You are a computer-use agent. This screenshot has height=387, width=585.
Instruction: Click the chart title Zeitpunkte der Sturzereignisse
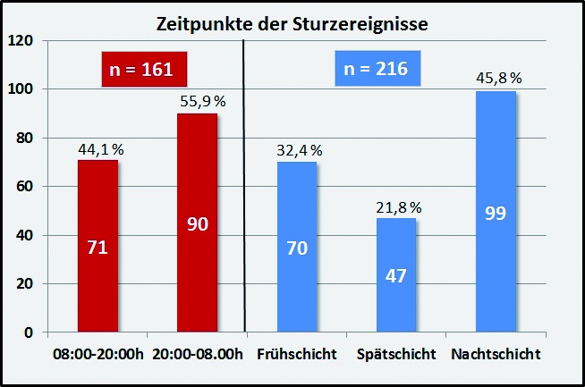292,23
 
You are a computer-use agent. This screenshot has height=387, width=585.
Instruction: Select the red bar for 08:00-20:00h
97,246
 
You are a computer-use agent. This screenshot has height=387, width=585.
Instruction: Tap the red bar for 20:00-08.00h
197,223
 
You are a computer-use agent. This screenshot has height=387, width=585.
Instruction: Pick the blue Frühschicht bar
297,247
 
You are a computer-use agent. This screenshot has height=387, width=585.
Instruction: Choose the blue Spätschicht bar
396,275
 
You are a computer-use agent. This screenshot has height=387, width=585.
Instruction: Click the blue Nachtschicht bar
496,212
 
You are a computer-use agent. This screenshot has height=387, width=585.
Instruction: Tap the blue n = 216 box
377,68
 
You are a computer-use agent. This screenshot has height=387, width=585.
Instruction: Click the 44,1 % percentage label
97,149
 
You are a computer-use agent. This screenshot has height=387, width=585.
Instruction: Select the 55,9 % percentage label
199,101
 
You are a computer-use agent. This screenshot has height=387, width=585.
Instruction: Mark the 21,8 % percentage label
396,207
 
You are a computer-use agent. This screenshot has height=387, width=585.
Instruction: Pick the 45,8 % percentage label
496,78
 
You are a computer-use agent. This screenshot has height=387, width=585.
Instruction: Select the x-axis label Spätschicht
396,355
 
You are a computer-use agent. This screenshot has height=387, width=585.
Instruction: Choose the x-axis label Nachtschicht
496,355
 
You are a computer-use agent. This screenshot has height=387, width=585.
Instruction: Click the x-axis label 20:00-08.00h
197,355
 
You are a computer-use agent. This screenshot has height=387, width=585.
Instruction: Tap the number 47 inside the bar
396,275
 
